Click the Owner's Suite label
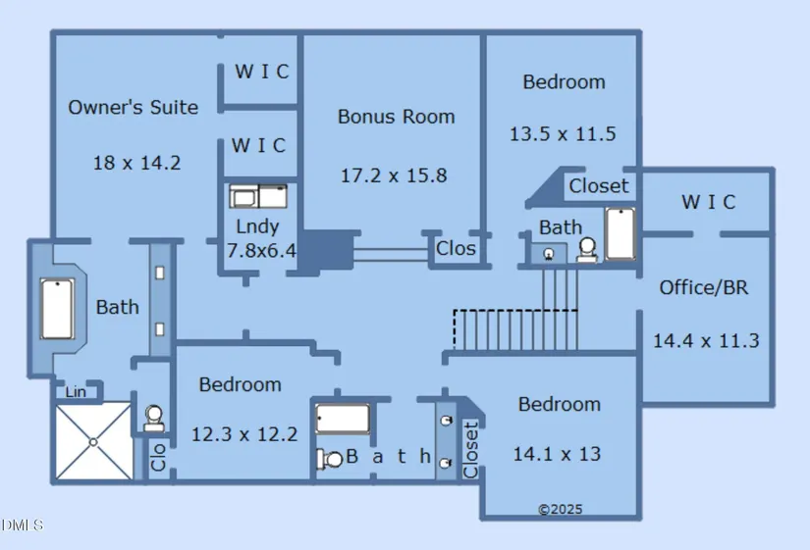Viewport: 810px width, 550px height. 133,108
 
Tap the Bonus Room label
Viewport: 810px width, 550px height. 396,117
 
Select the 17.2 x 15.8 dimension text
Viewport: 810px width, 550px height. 394,175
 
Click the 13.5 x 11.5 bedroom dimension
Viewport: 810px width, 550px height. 563,133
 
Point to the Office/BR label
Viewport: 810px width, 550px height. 702,287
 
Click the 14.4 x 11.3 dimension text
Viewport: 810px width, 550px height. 706,341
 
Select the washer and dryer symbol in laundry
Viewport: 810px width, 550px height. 258,196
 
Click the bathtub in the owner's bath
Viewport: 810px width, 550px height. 58,309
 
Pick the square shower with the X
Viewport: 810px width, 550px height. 92,441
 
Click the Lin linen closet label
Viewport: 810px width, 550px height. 76,392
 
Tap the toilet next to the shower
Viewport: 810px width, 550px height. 153,419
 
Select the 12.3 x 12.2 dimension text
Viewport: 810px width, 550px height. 243,433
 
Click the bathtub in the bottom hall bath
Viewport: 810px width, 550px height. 342,419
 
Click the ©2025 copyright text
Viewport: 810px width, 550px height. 560,509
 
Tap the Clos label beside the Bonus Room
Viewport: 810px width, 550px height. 456,249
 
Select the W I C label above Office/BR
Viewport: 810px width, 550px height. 708,202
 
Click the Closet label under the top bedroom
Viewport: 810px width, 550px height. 599,186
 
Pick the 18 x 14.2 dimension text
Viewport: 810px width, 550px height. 136,163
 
